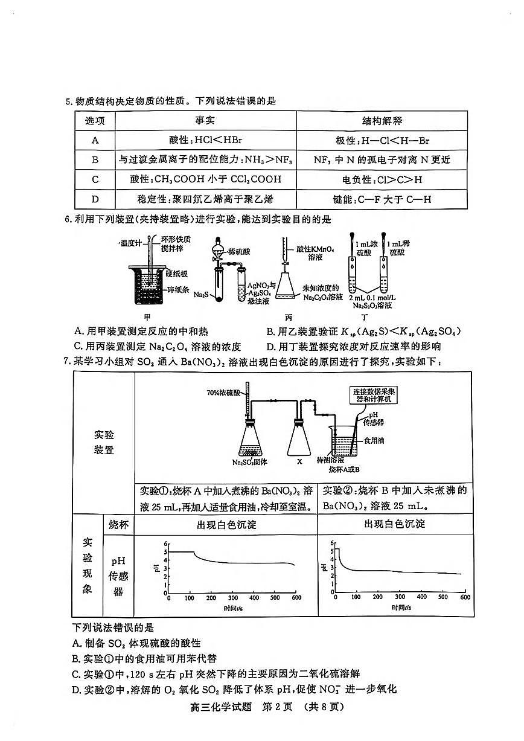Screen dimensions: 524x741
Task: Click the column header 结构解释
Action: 382,121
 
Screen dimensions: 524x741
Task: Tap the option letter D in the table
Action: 95,199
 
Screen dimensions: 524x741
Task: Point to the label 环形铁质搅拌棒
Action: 174,244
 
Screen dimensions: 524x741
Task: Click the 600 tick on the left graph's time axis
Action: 296,597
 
